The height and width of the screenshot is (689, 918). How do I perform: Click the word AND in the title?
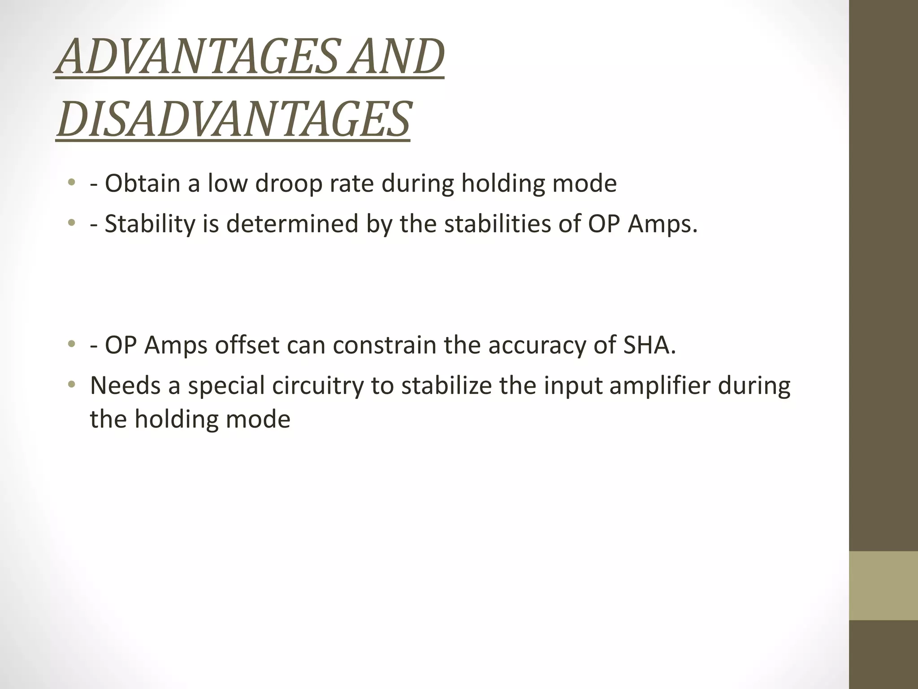tap(396, 57)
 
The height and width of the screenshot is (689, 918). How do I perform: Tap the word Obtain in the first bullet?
tap(142, 183)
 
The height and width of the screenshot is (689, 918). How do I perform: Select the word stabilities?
tap(498, 224)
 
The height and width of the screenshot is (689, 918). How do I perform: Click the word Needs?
tap(125, 385)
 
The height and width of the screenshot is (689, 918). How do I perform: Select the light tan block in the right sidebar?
tap(883, 585)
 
